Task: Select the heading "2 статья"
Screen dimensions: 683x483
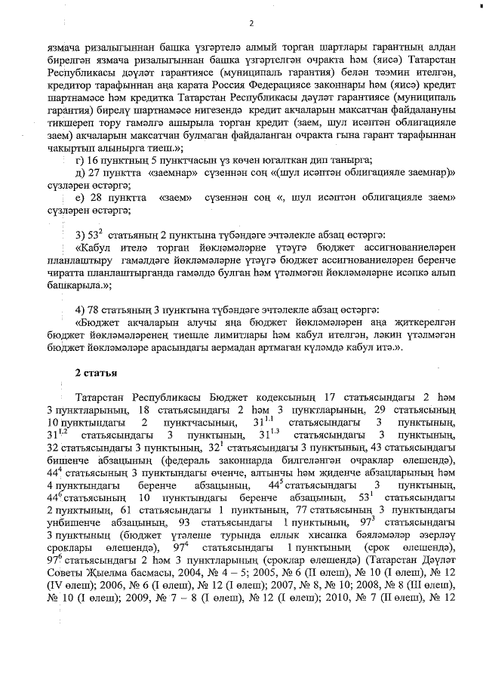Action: click(x=96, y=373)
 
